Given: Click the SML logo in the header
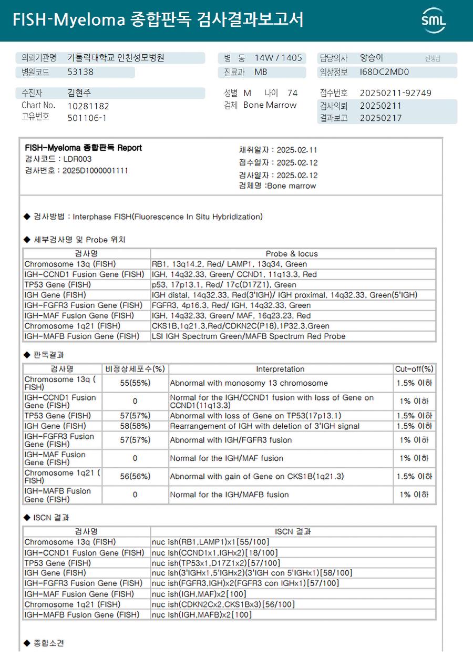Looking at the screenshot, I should coord(434,20).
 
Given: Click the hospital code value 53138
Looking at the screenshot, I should coord(80,72).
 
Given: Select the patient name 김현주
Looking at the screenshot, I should coord(79,93).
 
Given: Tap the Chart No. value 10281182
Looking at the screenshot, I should coord(88,106).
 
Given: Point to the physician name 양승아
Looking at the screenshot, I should coord(372,58).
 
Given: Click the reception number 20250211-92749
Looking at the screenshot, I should coord(395,93).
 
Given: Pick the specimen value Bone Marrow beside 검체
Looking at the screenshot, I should coord(270,105).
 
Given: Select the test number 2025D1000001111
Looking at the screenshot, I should coord(95,170).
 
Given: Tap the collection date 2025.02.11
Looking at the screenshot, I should coord(297,150).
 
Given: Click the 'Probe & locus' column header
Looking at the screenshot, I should coord(292,254).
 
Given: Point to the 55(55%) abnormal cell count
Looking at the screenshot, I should coord(135,383).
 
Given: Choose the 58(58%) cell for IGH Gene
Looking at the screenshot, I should coord(135,426).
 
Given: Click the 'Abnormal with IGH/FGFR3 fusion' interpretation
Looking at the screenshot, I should coord(231,440).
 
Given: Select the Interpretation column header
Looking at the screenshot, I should coord(280,369).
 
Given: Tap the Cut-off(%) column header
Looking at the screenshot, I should coord(414,369).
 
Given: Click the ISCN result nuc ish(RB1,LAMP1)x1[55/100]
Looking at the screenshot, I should coord(210,542).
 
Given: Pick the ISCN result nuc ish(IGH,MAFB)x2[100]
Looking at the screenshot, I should coord(201,614).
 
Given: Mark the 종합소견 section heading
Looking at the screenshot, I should coord(48,643).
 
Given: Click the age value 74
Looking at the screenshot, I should coord(292,93).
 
